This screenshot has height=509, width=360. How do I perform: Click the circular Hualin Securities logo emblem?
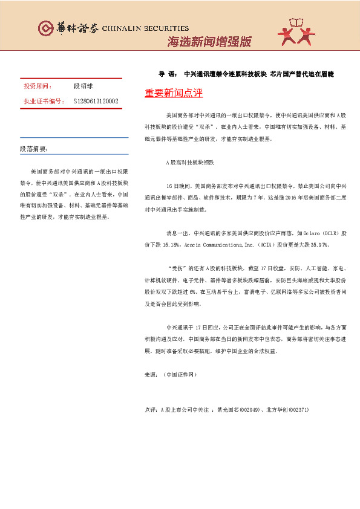point(45,28)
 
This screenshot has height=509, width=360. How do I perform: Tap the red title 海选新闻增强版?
point(208,42)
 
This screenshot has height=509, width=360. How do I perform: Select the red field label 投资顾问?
point(38,86)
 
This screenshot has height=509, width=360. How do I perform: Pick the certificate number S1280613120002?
point(96,102)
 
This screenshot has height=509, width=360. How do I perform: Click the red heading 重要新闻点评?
point(174,94)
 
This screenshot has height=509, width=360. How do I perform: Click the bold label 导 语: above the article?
point(168,74)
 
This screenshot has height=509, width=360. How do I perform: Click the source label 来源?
point(152,375)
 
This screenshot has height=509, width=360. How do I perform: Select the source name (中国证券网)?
point(181,375)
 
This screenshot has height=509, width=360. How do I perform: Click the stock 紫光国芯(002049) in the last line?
point(239,409)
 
